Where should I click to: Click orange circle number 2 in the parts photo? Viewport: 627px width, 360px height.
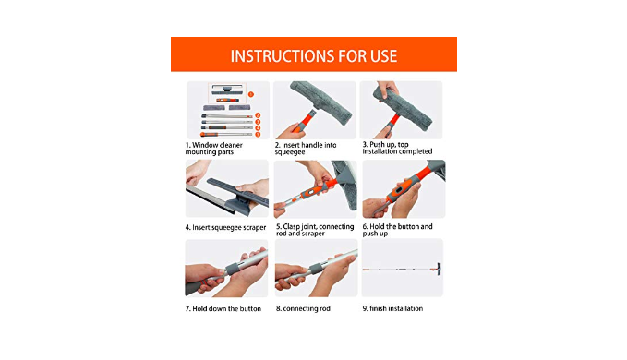(258, 115)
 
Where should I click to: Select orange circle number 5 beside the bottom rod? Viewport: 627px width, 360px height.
(258, 134)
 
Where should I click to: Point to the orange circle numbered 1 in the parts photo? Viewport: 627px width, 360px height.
(251, 94)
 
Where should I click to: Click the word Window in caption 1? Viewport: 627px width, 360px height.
(205, 145)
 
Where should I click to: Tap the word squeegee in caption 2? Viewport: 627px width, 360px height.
(290, 152)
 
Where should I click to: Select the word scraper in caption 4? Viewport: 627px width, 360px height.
(255, 228)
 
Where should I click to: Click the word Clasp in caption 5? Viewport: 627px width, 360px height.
(292, 226)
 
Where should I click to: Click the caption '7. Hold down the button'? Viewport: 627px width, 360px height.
(223, 309)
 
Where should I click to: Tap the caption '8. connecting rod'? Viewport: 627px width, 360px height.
(303, 309)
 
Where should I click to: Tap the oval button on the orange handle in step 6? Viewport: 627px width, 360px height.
(399, 189)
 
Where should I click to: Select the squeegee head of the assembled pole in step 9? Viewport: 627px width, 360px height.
(439, 269)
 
